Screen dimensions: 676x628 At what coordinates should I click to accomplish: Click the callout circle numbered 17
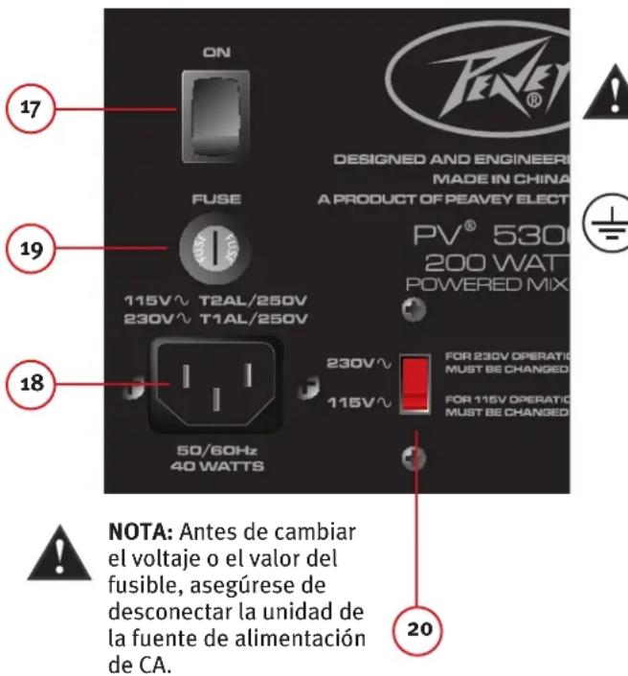point(29,109)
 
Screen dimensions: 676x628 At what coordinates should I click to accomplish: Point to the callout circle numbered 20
point(416,629)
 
